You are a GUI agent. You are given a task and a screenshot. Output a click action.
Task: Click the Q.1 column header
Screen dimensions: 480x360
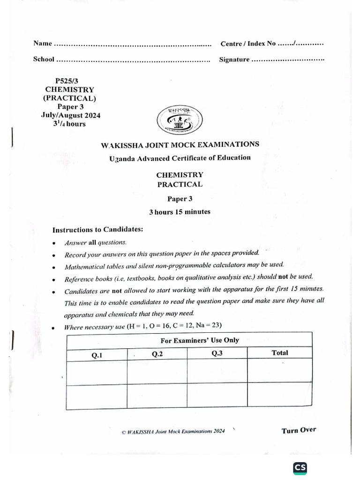[x=97, y=355]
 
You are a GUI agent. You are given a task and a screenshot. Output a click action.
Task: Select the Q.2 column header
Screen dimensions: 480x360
[x=157, y=354]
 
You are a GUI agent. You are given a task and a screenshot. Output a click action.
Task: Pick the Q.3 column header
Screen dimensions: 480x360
[x=217, y=353]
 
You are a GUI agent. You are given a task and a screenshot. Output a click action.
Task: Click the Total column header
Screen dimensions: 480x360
[x=280, y=352]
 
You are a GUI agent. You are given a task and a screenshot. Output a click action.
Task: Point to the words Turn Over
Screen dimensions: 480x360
[x=299, y=430]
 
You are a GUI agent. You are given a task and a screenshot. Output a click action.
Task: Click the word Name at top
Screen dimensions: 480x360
[x=42, y=44]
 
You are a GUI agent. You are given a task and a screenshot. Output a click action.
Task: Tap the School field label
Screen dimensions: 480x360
[x=44, y=60]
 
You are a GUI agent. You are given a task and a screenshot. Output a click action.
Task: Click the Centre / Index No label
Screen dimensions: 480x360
[x=248, y=44]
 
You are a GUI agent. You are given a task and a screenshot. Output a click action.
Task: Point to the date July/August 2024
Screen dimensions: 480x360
[x=70, y=115]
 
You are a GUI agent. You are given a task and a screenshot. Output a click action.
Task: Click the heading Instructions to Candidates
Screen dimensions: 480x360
[x=97, y=230]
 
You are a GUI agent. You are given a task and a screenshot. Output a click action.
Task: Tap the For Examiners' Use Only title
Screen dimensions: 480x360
[x=200, y=340]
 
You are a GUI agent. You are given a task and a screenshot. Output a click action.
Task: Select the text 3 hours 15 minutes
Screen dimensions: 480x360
[x=180, y=212]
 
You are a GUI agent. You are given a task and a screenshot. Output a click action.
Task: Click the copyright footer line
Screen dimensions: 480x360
[x=173, y=431]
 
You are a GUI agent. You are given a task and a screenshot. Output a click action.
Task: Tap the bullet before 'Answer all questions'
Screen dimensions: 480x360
[x=55, y=243]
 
